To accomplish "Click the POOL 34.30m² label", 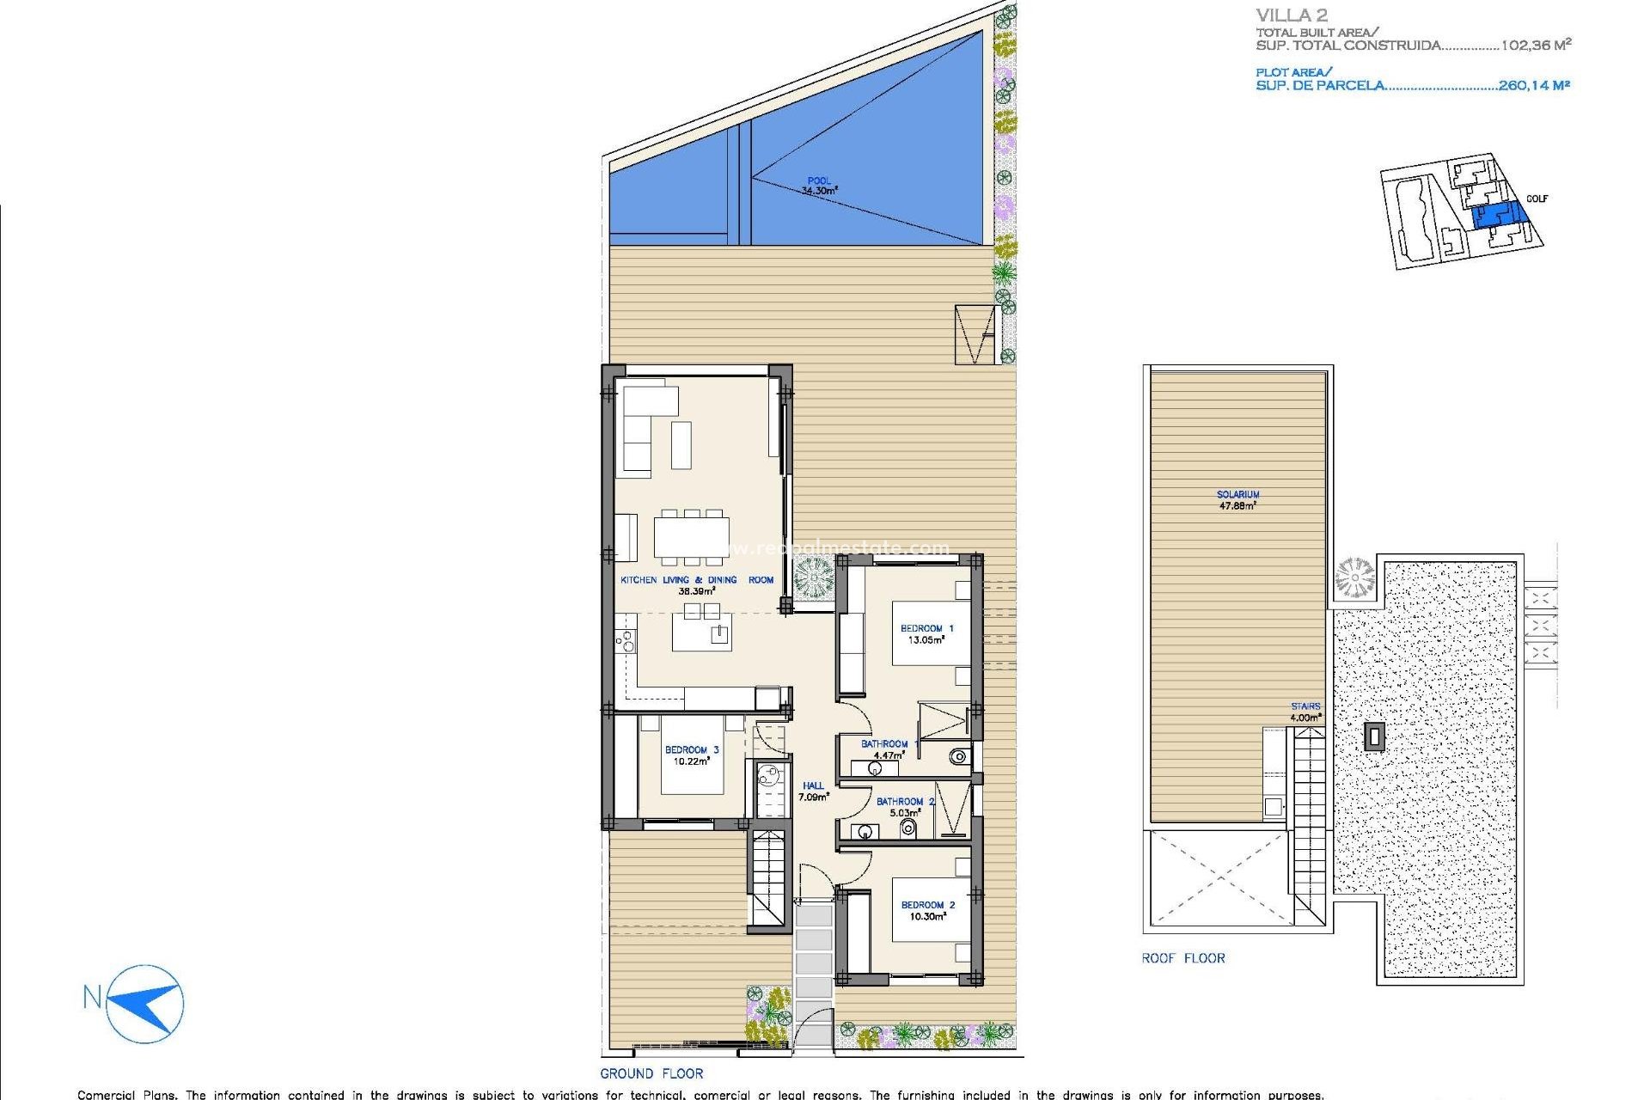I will (819, 186).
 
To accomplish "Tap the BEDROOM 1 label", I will (926, 634).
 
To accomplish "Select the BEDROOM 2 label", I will (927, 911).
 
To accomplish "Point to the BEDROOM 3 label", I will (692, 755).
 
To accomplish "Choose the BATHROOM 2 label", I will (905, 807).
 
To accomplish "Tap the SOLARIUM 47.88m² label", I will (1237, 500).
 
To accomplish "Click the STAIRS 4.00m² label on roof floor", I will (1305, 712).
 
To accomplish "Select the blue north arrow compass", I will (145, 1003).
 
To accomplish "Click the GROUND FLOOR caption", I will (651, 1073).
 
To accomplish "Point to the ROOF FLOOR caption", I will (1183, 958).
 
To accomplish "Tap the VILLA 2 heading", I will (1292, 15).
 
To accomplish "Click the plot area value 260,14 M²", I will (1534, 85).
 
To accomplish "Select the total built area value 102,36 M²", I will (1536, 46).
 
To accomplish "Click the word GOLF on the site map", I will (1537, 199).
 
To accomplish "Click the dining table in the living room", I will (691, 537).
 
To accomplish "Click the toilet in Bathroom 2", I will (908, 828).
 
